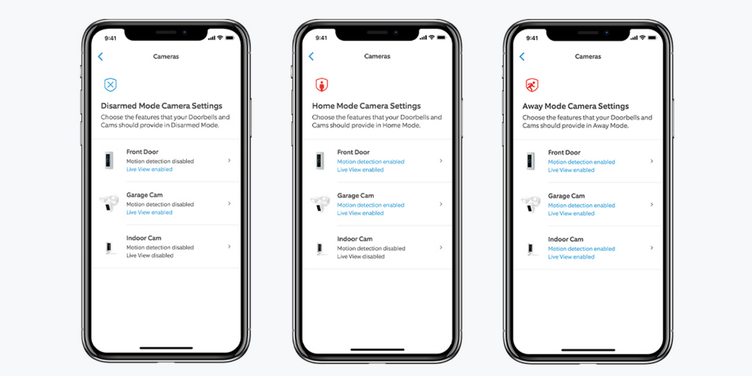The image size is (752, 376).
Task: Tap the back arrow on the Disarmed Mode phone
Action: (100, 57)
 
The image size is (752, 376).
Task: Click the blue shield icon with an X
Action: (110, 84)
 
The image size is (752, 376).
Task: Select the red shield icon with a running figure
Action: (532, 85)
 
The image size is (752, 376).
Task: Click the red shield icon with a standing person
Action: (321, 84)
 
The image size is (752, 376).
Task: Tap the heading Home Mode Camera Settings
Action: (366, 106)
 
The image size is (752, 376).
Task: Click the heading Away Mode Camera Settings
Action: (576, 106)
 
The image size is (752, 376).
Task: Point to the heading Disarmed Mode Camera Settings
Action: (162, 106)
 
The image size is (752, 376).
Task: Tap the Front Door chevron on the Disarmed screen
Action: (229, 160)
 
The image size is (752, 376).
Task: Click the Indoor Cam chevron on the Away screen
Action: (652, 248)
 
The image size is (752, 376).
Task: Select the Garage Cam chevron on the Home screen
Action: (441, 204)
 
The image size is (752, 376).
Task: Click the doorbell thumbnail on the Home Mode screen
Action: (320, 161)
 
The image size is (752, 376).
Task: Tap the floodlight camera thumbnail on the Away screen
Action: (531, 204)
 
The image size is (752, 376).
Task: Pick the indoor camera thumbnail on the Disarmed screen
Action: (110, 247)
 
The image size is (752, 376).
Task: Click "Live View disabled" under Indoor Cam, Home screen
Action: (361, 257)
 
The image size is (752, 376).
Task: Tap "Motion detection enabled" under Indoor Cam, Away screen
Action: (581, 249)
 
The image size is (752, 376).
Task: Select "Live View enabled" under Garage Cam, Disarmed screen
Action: (149, 212)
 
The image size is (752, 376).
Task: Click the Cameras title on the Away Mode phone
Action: (588, 57)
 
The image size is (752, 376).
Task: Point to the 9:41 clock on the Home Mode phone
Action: (321, 38)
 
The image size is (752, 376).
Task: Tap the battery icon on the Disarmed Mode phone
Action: (230, 38)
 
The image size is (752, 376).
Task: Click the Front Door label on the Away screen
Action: (564, 152)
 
